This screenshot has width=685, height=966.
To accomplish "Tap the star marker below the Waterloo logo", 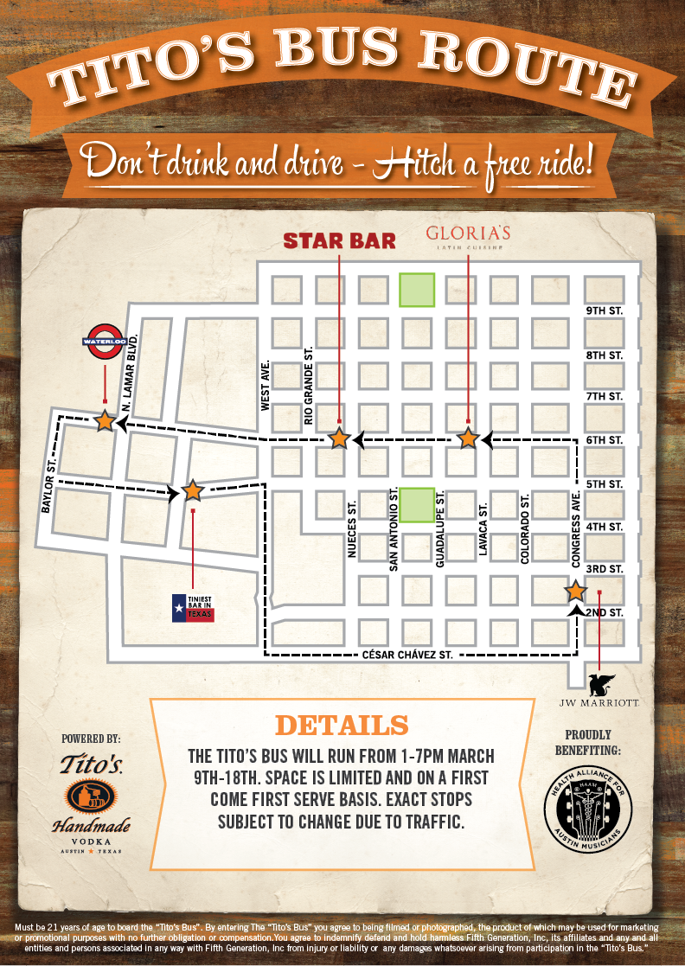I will click(x=105, y=421).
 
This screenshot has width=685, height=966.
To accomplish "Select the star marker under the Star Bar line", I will click(x=339, y=438).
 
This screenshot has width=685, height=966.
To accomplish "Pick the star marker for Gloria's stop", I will click(x=468, y=438).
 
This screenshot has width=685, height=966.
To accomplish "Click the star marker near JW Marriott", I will click(x=575, y=592).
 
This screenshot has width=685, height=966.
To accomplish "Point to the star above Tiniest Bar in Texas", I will click(x=192, y=491).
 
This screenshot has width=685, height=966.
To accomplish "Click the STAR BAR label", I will click(x=340, y=240).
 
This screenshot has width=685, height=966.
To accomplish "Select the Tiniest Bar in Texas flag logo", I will click(x=192, y=607).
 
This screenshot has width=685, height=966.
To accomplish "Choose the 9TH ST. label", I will click(x=604, y=310).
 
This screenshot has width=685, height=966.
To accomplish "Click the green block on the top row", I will click(x=416, y=290).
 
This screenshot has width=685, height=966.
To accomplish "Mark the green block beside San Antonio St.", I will click(x=416, y=505).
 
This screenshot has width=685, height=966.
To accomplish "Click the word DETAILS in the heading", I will click(x=341, y=726).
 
